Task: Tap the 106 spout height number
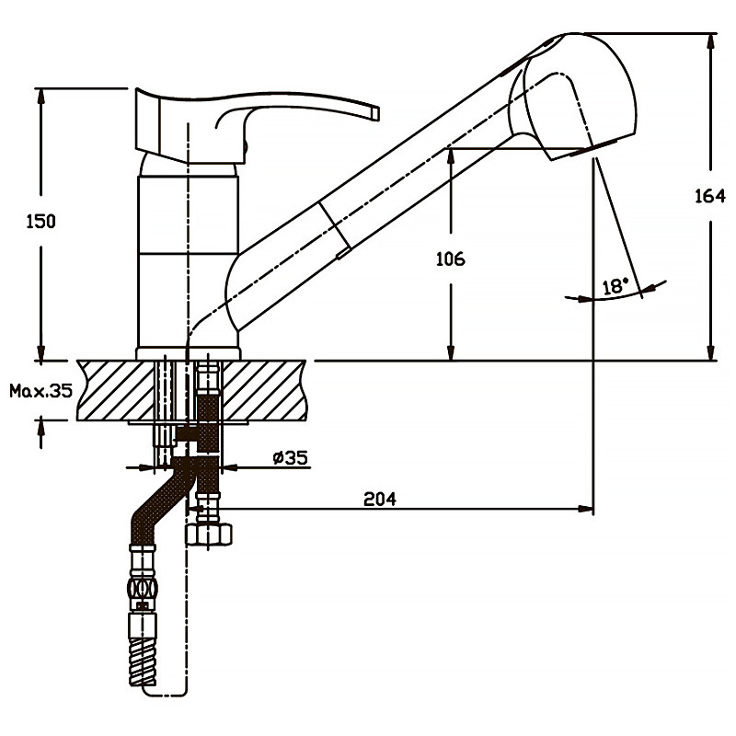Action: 451,259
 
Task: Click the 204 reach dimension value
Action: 379,500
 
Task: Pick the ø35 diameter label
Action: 289,458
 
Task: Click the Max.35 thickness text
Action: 40,390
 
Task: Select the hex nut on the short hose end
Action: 211,534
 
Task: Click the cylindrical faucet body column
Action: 189,258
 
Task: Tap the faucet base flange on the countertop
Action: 189,353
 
